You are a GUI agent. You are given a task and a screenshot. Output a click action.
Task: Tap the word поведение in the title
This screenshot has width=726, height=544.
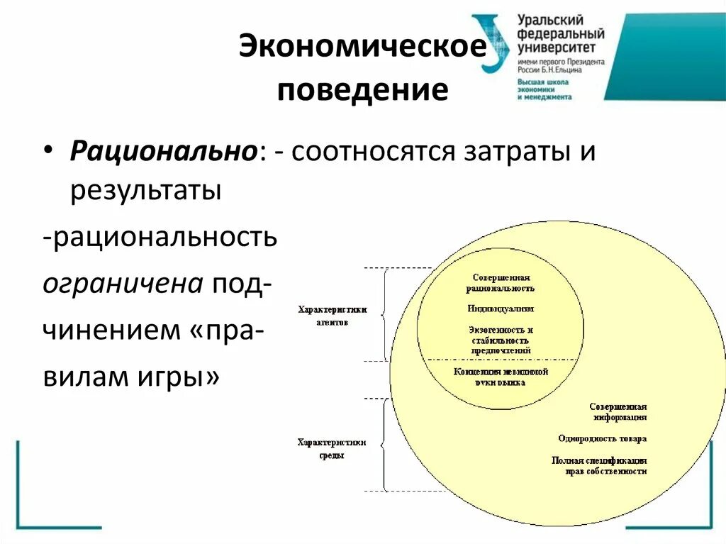tap(362, 90)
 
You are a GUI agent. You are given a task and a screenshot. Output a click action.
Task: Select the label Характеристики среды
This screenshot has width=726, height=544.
tap(332, 448)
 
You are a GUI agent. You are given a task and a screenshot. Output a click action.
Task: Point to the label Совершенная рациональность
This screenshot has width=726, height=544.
tap(500, 283)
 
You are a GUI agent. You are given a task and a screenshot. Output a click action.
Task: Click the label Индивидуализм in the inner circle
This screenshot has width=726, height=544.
tap(500, 309)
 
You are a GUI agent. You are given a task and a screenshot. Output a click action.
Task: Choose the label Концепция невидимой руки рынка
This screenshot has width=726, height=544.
tap(500, 377)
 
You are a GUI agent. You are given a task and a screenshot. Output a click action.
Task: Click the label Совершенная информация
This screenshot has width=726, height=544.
tap(618, 412)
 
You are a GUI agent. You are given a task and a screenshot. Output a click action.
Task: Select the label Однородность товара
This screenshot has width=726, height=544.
tap(602, 438)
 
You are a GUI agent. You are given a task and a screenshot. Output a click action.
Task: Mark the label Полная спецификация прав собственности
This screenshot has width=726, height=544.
tap(599, 465)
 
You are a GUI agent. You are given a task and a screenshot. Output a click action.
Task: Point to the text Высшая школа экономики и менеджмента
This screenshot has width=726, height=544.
tap(544, 89)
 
